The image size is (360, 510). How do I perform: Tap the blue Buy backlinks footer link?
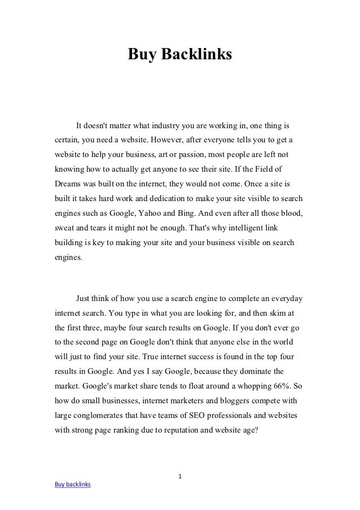[72, 485]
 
